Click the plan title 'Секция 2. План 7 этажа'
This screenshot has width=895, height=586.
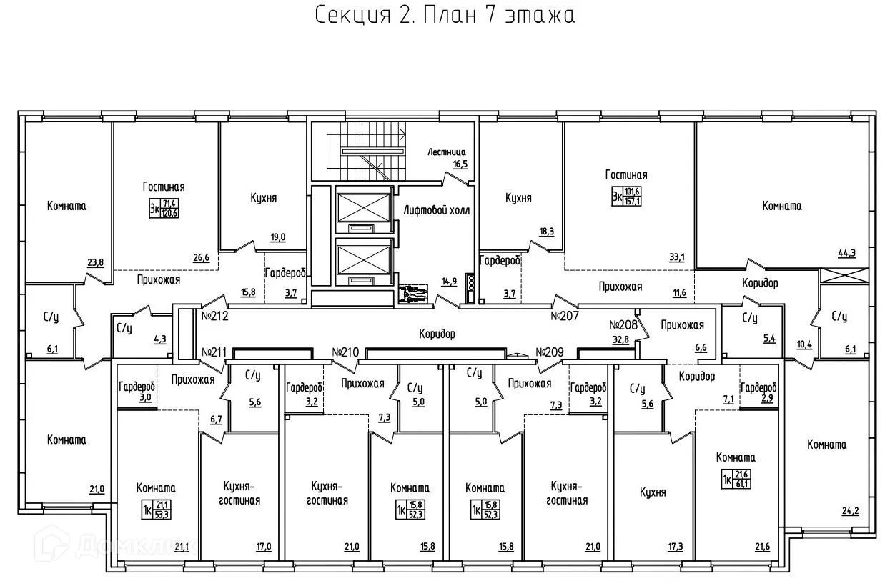(445, 16)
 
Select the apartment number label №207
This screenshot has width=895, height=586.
(564, 315)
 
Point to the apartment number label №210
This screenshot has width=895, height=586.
(345, 352)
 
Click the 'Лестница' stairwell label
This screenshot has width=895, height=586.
(447, 152)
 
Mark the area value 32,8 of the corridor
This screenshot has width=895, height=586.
(620, 339)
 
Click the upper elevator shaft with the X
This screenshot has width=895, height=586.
(364, 205)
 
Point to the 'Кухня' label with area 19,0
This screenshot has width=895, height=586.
(264, 198)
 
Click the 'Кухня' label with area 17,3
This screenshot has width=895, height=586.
(653, 492)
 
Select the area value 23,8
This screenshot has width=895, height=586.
(95, 262)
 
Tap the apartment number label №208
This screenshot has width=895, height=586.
(623, 324)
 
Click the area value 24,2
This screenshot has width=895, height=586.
(849, 511)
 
